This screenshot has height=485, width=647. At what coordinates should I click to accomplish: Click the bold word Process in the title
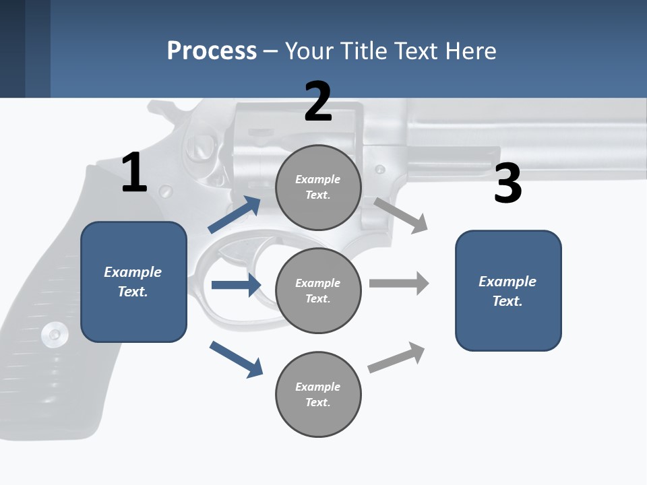point(212,51)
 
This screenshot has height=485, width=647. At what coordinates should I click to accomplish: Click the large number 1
point(134,172)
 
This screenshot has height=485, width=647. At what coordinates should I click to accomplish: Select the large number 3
point(507,183)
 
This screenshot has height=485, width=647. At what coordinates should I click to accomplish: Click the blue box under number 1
point(133,282)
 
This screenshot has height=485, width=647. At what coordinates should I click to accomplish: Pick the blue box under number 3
point(508,290)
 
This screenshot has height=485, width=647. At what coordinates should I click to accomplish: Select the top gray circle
point(318,187)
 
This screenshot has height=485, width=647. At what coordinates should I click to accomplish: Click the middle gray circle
point(318,290)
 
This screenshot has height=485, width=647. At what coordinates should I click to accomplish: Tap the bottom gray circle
point(318,394)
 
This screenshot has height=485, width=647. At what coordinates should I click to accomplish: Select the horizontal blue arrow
point(236,285)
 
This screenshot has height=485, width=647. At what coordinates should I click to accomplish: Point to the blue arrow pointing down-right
point(236,358)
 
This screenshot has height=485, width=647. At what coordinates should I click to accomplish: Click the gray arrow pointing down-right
point(400,216)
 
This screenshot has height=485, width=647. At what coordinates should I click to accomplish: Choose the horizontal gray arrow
point(398,283)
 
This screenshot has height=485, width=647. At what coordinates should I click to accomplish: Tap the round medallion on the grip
point(54,333)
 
